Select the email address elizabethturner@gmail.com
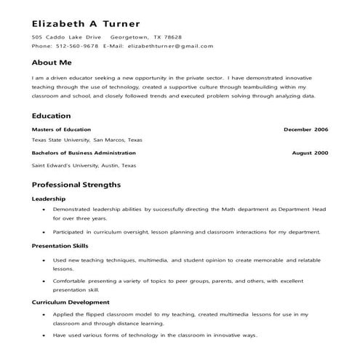(170, 46)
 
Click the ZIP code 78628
(172, 36)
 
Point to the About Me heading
(52, 63)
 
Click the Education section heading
(51, 116)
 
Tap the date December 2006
(305, 129)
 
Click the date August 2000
(310, 153)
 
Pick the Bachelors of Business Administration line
(84, 153)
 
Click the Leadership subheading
(49, 199)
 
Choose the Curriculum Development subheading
(71, 301)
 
